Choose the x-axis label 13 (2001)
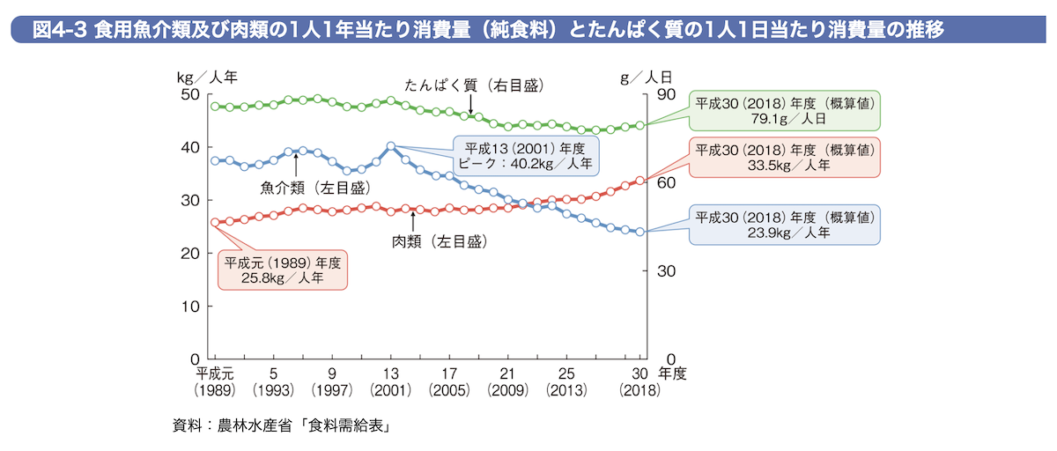click(390, 381)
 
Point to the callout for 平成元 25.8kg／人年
click(282, 270)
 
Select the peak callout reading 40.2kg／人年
click(526, 155)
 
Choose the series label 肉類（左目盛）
click(439, 240)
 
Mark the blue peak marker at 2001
click(390, 146)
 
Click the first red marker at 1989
click(215, 223)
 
